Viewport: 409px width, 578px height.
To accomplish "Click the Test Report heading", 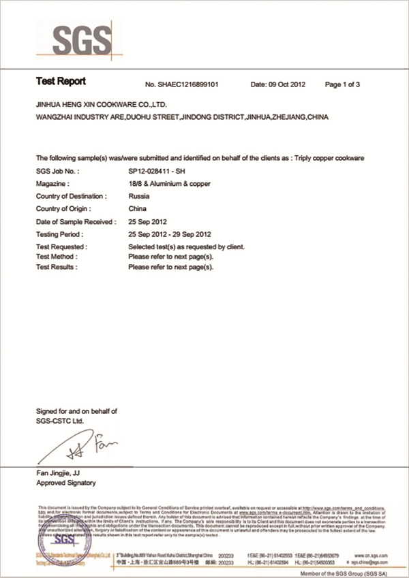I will tap(61, 82).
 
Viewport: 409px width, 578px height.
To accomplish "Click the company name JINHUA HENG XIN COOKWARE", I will tap(101, 106).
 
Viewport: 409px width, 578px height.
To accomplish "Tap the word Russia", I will tap(139, 197).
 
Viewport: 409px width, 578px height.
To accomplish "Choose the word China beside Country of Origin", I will tap(137, 209).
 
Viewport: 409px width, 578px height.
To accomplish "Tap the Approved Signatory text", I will tap(65, 483).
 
